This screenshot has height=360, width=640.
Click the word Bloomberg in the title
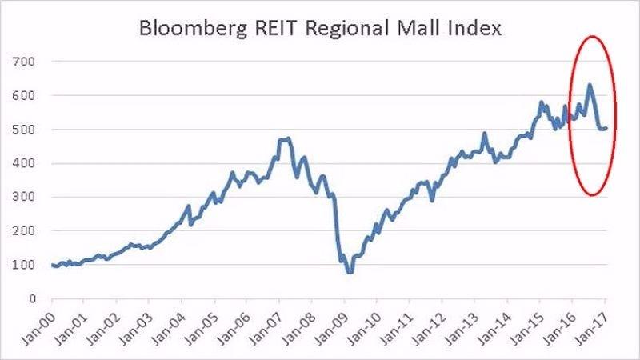tap(190, 30)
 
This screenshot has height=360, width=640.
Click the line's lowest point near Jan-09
tap(350, 272)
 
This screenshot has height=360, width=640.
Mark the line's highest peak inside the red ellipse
tap(590, 85)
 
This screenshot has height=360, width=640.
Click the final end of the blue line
tap(607, 128)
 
